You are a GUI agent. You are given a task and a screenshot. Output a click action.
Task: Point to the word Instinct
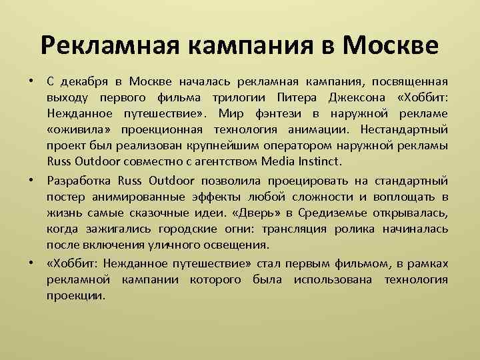320,162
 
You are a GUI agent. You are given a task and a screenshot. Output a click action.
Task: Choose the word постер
65,197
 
